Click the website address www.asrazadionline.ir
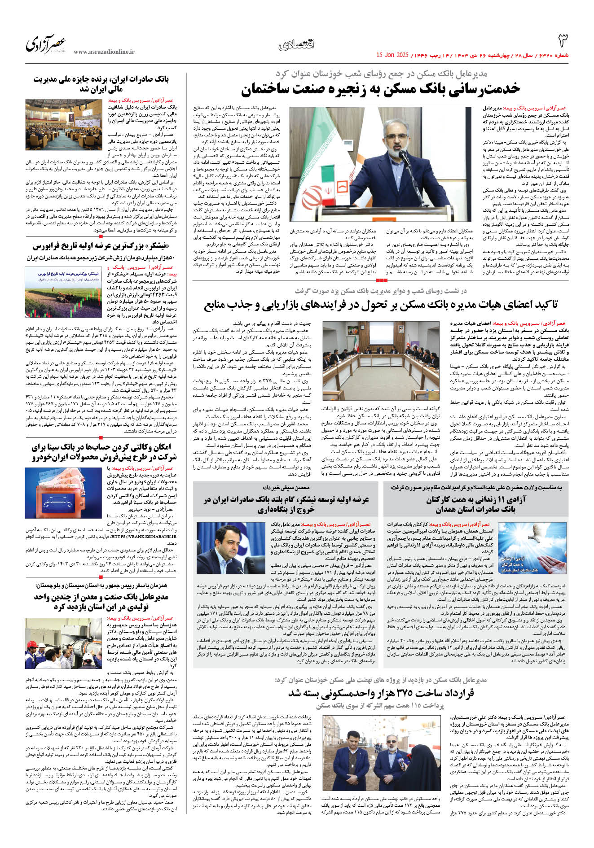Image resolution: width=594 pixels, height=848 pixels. [x=104, y=52]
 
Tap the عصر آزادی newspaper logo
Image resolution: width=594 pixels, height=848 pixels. [x=46, y=44]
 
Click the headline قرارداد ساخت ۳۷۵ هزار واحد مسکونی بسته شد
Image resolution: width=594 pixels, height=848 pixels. [x=381, y=693]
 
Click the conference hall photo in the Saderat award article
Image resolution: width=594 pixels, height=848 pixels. [x=64, y=125]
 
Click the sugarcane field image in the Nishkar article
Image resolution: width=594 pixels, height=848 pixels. [x=64, y=292]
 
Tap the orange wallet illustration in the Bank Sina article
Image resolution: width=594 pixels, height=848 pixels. [x=64, y=492]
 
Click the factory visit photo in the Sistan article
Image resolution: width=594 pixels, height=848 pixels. [x=64, y=643]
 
